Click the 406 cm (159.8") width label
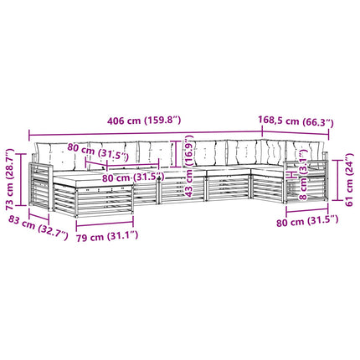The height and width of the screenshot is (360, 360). point(144,121)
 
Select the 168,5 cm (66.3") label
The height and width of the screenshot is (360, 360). point(296,121)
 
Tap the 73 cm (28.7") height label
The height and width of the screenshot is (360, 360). point(10,179)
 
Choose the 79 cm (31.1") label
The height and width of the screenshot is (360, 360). point(107,237)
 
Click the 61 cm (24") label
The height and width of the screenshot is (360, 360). point(349,179)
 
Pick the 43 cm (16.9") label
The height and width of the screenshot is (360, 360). point(189,166)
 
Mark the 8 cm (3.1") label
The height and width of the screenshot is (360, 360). point(303,175)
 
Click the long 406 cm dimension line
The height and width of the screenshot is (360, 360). point(146,133)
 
